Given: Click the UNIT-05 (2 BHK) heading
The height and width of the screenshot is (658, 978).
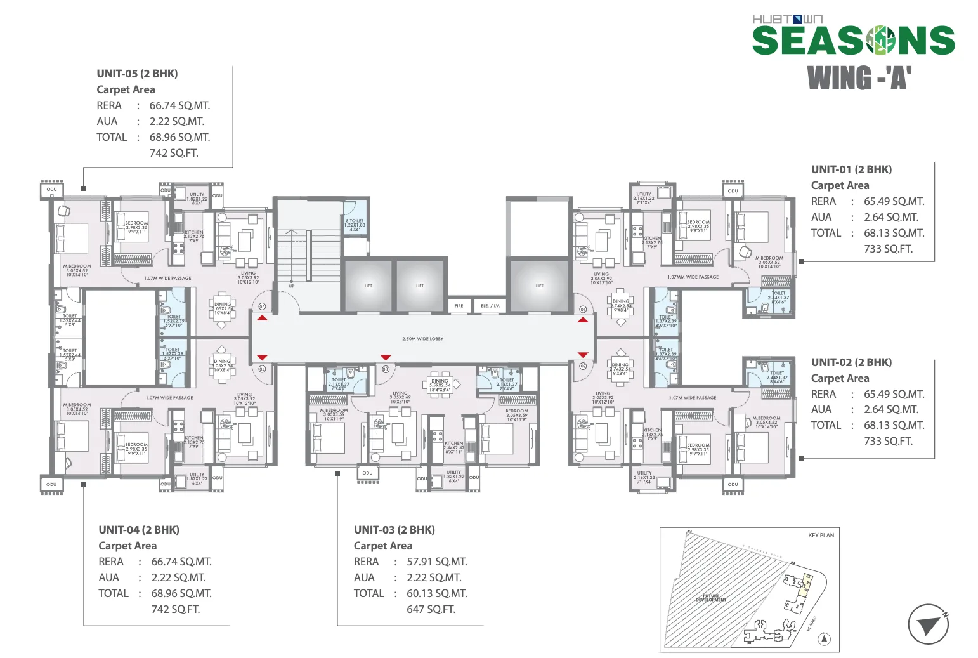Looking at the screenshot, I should pos(137,74).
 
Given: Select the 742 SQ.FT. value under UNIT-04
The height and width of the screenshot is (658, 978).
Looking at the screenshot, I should pos(176,609).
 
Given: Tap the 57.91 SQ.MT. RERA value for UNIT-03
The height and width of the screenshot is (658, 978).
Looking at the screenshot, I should pos(436,562).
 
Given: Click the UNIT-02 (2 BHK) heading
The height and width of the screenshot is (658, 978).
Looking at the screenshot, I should pos(851,362).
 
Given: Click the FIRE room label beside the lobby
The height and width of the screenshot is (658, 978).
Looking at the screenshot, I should pos(459,306).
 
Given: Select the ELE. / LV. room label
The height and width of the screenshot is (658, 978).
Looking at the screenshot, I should pos(490,306).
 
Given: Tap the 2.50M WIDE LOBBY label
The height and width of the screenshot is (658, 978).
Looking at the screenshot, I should pos(422,339).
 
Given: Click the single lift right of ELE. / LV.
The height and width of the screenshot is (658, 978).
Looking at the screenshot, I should pos(539,286).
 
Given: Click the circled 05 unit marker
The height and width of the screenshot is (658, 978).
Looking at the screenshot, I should pos(262,306).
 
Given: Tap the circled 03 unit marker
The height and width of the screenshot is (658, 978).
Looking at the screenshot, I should pos(385,369).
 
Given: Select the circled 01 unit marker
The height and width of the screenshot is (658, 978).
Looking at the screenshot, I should pos(584,310).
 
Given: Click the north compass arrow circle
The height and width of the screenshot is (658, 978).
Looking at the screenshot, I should pos(928,624).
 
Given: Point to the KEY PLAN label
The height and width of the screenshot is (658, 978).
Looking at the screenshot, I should pos(821,536).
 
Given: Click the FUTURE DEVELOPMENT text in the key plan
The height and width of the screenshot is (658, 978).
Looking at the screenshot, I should pos(710,598).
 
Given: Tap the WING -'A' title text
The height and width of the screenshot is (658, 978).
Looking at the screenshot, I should pos(859,79).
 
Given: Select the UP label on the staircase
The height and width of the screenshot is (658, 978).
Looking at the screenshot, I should pos(292,286).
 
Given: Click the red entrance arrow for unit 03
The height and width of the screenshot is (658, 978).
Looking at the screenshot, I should pos(385,358).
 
